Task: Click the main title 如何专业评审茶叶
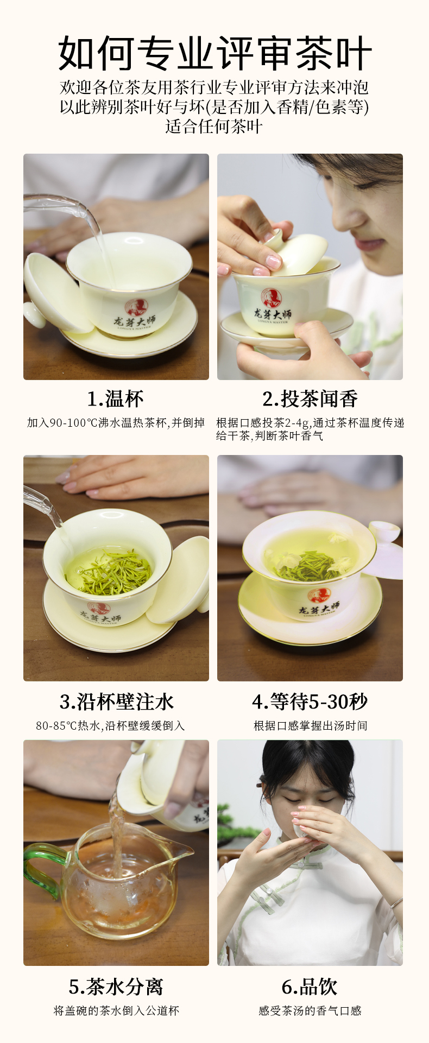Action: (x=214, y=53)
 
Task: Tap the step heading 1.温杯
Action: (x=116, y=399)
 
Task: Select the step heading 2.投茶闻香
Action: (x=310, y=399)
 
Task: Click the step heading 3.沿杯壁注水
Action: (x=117, y=701)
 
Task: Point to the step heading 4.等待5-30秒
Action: (x=310, y=701)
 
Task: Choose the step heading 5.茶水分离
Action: (x=116, y=987)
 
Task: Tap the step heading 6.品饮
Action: (x=310, y=987)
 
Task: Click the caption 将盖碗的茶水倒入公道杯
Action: (x=116, y=1010)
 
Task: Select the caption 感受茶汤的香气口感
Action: (x=310, y=1010)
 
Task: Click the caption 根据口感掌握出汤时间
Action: (x=311, y=725)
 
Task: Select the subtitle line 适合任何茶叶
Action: (x=214, y=127)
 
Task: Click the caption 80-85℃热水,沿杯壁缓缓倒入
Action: (x=110, y=725)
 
